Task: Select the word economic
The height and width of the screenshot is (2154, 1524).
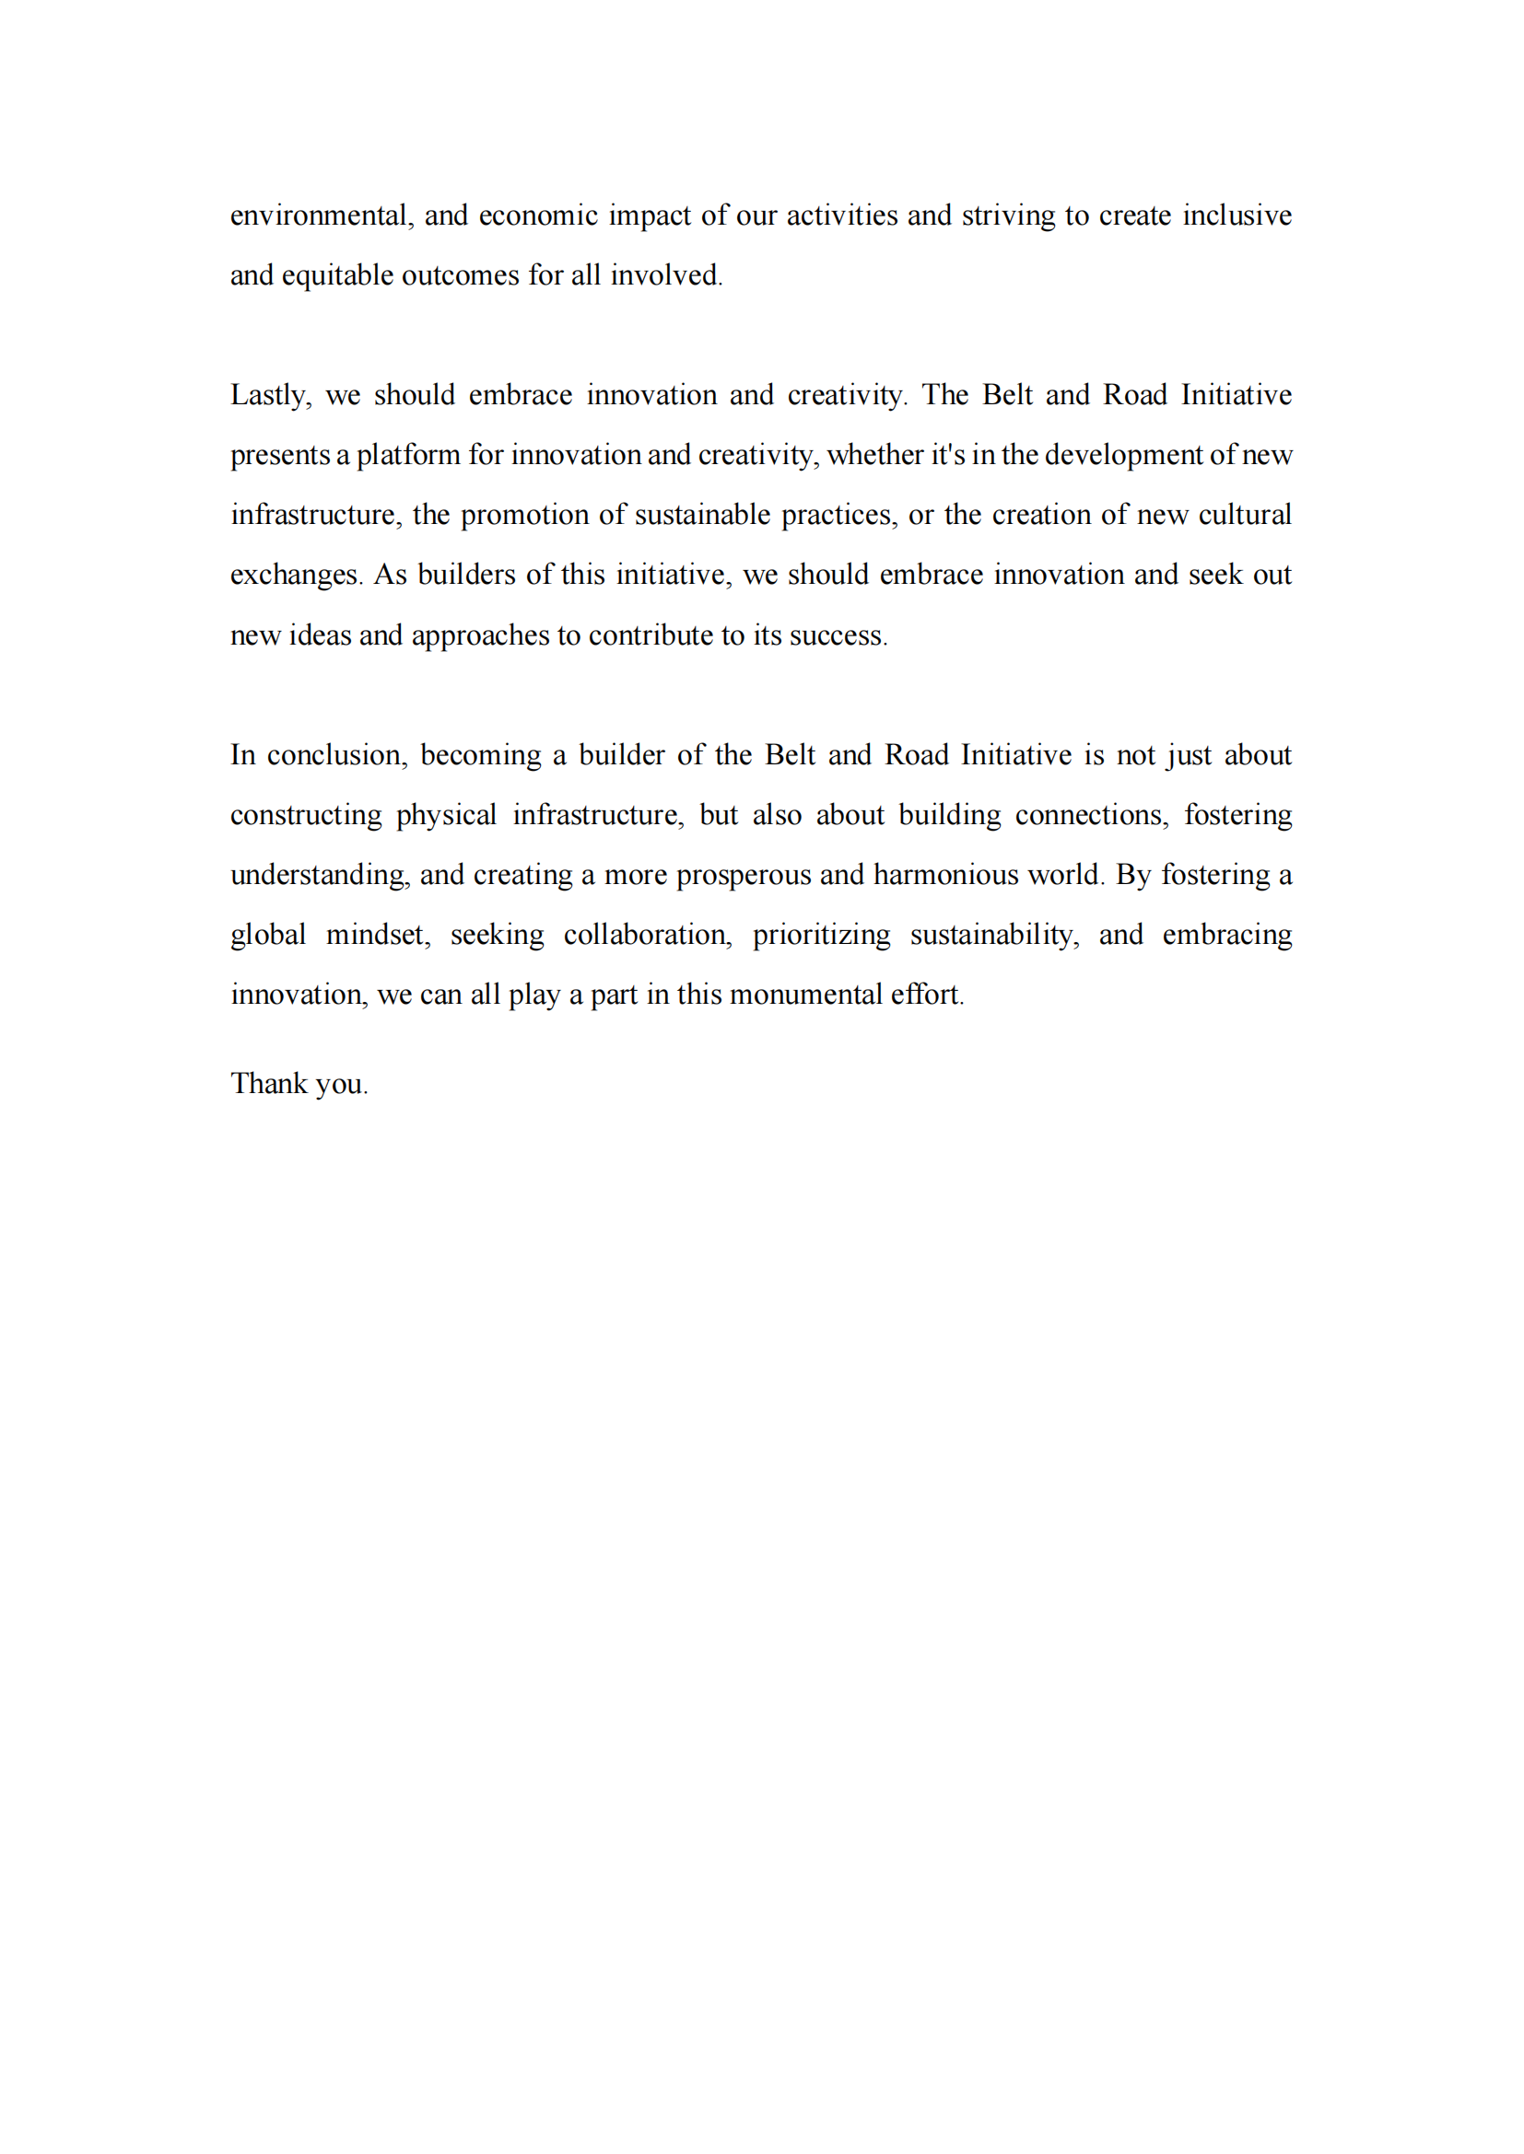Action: [538, 215]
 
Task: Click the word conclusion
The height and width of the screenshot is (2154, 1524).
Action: [337, 755]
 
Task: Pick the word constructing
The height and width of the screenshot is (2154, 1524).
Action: [306, 815]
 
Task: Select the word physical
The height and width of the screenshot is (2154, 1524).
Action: [446, 815]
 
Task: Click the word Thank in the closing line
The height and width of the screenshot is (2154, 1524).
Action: [269, 1084]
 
